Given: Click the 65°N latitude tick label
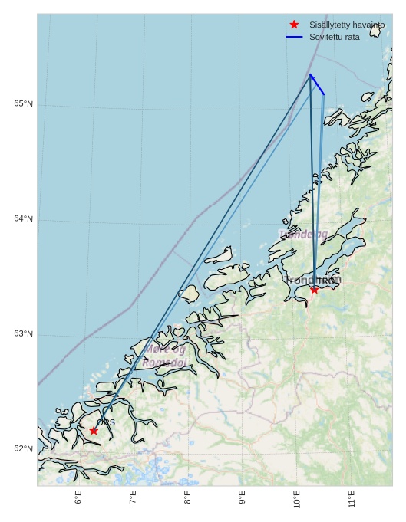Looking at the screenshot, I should tap(23, 103).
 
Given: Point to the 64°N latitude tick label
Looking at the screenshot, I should tap(23, 218).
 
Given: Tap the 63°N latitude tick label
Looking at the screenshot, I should tap(23, 333).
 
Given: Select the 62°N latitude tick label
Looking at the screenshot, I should tap(23, 448).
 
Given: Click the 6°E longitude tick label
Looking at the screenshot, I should tap(78, 497).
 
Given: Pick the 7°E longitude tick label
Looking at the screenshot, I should tap(133, 497).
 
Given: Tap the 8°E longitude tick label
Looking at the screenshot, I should tap(187, 497).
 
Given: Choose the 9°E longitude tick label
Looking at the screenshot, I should tap(242, 497).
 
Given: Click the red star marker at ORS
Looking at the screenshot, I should tap(94, 431).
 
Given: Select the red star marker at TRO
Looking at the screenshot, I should tap(314, 289).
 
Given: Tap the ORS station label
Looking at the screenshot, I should tap(106, 422).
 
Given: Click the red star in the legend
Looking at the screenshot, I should tap(294, 25).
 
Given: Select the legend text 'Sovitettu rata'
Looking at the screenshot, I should tap(334, 37).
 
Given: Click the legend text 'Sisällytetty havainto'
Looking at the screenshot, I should tap(346, 25).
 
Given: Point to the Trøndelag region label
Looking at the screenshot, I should tap(304, 234).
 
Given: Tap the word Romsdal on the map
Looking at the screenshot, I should tap(165, 363).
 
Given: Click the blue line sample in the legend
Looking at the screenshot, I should tap(294, 37).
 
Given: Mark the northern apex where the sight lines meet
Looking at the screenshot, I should tap(310, 75).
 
